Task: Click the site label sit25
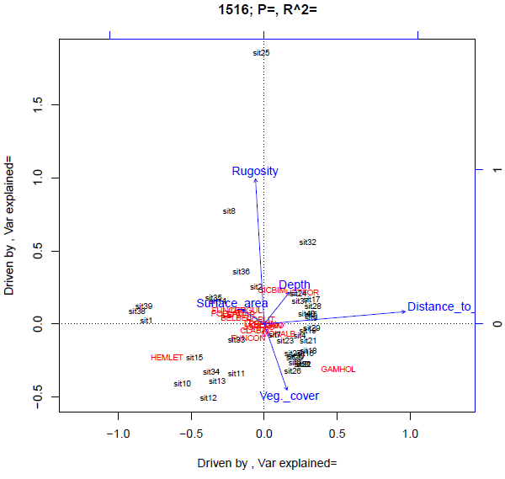pos(261,53)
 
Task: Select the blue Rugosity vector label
pos(255,171)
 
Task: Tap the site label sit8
pos(229,211)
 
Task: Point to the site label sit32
pos(307,242)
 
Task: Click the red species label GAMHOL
pos(338,369)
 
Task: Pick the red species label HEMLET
pos(167,357)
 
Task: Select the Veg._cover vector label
pos(290,396)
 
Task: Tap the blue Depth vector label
pos(295,285)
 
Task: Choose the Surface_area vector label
pos(232,303)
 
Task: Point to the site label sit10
pos(183,384)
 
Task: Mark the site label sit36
pos(242,272)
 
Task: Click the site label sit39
pos(144,306)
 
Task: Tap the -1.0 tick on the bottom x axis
pos(119,433)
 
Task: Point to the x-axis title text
pos(267,463)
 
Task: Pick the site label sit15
pos(194,358)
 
